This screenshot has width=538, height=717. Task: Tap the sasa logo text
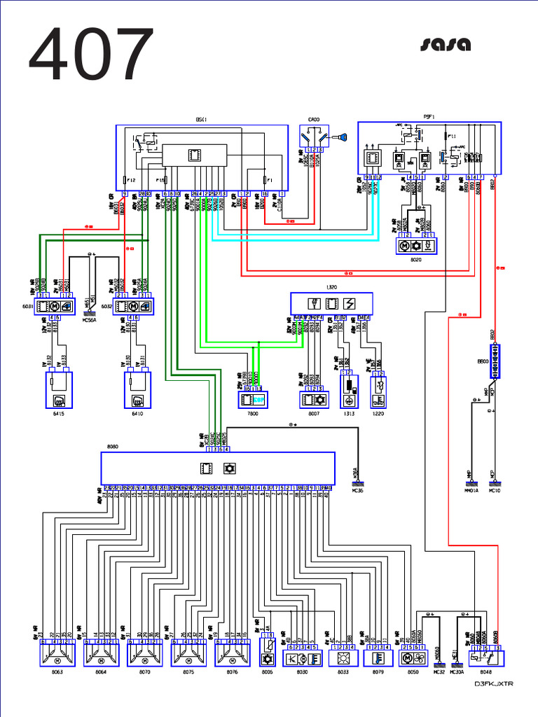pyautogui.click(x=445, y=46)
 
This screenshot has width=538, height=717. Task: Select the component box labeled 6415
pyautogui.click(x=58, y=390)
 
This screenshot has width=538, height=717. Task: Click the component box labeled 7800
pyautogui.click(x=253, y=400)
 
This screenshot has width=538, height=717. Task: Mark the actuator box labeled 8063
pyautogui.click(x=57, y=656)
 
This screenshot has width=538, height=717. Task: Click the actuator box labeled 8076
pyautogui.click(x=232, y=656)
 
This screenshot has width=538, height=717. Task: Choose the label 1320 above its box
pyautogui.click(x=331, y=288)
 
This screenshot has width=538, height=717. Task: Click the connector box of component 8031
pyautogui.click(x=55, y=305)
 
